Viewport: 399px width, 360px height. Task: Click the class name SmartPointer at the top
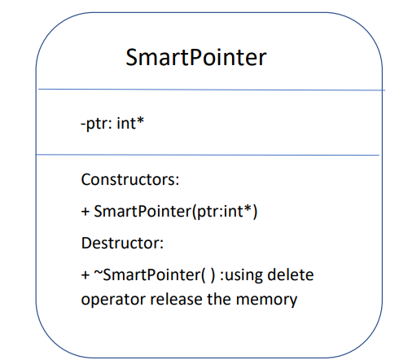pos(196,58)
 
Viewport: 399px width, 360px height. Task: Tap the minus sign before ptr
pos(84,124)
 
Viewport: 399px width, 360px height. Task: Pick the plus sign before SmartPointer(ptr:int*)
pos(85,212)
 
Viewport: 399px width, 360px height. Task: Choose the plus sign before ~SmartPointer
pos(85,275)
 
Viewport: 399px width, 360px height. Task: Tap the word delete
pos(292,274)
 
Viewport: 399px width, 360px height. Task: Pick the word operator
pos(110,299)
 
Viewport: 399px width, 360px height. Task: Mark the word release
pos(173,299)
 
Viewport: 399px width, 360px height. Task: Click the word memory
pos(267,299)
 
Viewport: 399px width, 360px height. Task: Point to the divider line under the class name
pos(208,90)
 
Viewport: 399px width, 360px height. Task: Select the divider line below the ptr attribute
pos(208,155)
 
